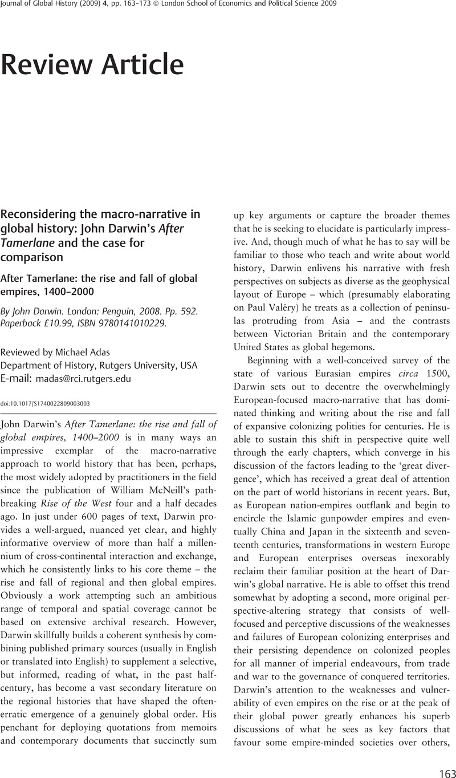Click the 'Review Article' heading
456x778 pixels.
92,65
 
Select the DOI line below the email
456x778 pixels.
45,403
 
